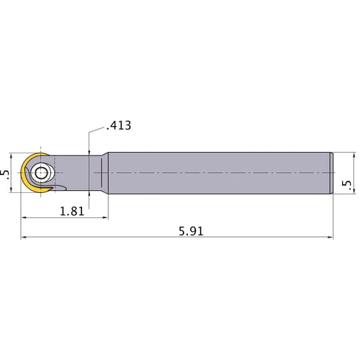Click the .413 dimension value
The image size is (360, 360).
click(118, 125)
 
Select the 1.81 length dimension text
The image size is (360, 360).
click(71, 210)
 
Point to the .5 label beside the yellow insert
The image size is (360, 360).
click(6, 175)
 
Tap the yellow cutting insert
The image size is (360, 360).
click(27, 176)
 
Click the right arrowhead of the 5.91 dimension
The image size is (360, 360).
click(332, 237)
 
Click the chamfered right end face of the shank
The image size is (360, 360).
click(333, 174)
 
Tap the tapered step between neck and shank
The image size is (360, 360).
click(102, 174)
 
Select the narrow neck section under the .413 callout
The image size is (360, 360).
click(89, 174)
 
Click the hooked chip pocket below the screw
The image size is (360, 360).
click(58, 190)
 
